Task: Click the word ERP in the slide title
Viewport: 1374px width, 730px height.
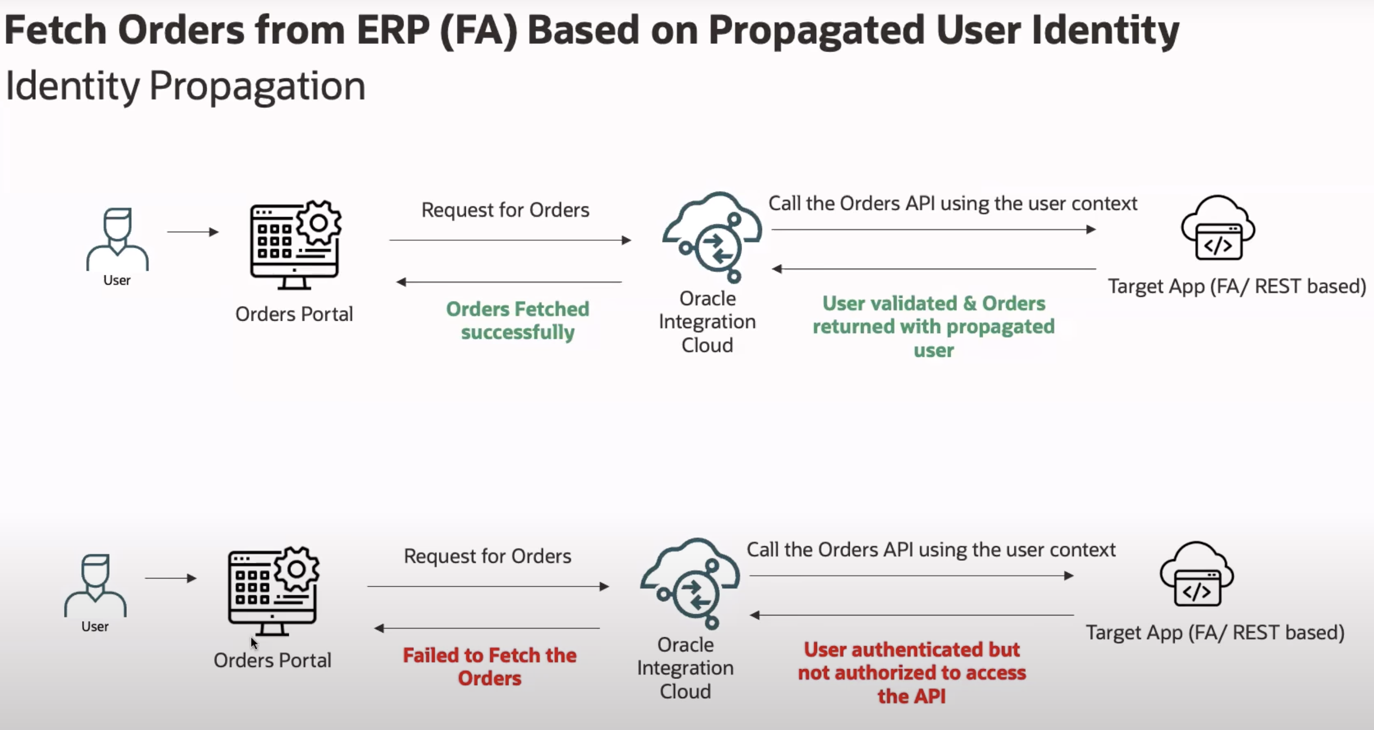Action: (x=392, y=30)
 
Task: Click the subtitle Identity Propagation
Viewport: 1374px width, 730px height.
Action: (x=185, y=85)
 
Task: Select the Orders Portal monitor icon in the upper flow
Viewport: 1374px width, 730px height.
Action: (x=296, y=245)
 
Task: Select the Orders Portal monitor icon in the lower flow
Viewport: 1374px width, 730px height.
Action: (x=274, y=591)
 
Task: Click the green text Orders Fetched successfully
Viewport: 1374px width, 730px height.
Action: (x=517, y=320)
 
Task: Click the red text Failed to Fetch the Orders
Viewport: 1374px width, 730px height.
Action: (x=490, y=666)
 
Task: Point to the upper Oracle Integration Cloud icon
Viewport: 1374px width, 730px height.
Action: (x=712, y=237)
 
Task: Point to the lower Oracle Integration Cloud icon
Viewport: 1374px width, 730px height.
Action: (x=690, y=583)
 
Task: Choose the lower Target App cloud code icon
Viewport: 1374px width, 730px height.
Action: (x=1197, y=574)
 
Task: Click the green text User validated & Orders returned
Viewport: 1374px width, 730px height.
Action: (x=933, y=326)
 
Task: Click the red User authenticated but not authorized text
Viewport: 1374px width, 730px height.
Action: (x=912, y=673)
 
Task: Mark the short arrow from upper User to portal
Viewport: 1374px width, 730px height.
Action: (x=193, y=232)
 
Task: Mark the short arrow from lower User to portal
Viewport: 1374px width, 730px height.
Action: (x=171, y=578)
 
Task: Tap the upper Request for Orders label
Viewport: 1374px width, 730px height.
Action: (x=506, y=210)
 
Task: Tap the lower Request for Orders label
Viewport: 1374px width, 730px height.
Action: (x=488, y=557)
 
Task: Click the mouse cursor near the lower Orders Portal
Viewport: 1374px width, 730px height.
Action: (x=254, y=643)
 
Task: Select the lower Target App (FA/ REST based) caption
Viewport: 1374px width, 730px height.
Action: (x=1215, y=633)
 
